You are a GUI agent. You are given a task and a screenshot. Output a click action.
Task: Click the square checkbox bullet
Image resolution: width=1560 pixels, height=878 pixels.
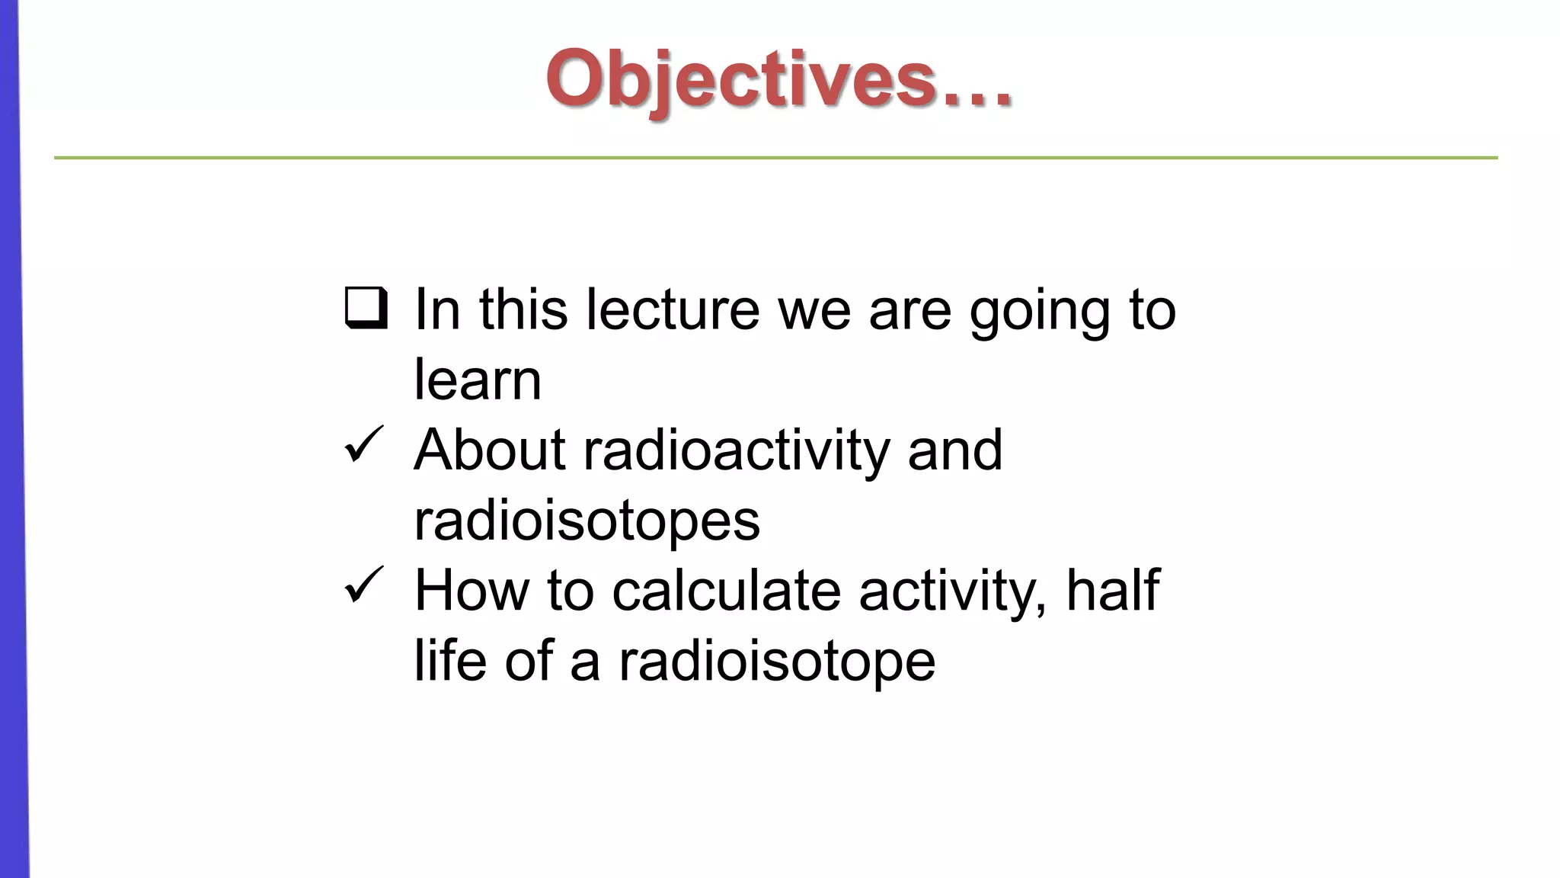[366, 307]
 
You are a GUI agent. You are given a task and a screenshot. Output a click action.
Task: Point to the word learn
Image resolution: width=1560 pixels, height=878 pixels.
[478, 380]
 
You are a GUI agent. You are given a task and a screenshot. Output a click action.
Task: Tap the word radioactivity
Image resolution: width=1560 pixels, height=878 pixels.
[736, 450]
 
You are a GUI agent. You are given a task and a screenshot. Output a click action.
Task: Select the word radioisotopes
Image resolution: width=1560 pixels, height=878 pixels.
[587, 521]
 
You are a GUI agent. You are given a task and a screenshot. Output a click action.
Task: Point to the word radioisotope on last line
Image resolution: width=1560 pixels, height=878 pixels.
[776, 662]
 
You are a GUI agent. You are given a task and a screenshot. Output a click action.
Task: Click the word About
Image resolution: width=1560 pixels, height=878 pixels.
[489, 450]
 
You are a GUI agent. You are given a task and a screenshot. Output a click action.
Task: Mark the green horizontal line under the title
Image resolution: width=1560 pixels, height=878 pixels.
[775, 158]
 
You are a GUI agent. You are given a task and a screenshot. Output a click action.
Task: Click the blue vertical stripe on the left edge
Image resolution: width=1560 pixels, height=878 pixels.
[11, 457]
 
